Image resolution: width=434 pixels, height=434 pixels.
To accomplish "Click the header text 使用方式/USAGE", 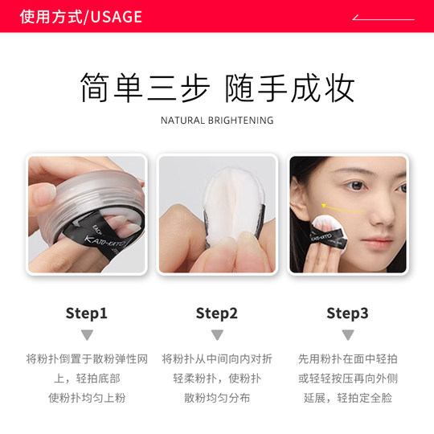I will point(80,17).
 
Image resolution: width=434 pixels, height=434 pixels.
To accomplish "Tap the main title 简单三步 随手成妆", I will point(217,88).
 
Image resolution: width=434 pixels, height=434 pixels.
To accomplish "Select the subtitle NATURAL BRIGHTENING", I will point(217,121).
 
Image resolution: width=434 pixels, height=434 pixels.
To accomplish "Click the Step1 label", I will point(87,313).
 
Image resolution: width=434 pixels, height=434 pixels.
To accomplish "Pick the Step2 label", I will point(217,313).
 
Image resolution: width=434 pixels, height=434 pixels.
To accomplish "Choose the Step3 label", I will point(347,313).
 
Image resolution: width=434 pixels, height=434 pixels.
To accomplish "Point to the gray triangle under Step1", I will point(87,335).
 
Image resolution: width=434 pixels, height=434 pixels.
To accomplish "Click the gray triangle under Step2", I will point(217,335).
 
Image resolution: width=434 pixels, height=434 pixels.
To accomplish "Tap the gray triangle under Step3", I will point(347,335).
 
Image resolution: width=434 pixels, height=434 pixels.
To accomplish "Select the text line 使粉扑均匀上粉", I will point(87,398).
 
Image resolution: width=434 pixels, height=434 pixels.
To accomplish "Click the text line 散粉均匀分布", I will point(217,398).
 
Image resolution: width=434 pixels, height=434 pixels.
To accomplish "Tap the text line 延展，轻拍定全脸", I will point(347,398).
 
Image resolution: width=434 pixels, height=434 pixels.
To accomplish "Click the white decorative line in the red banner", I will point(384,18).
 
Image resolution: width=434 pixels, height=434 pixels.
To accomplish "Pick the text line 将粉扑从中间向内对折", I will point(217,358).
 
